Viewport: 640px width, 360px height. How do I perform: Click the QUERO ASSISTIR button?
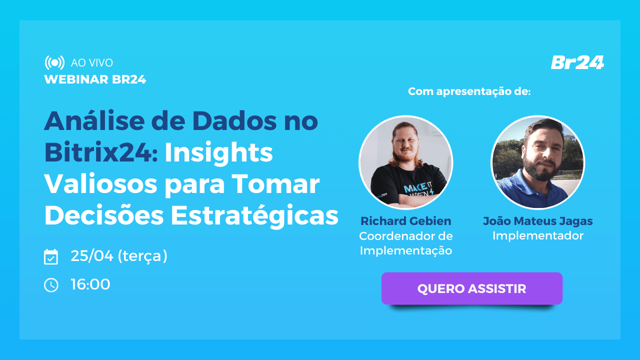471,288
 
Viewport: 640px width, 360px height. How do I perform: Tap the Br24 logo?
577,62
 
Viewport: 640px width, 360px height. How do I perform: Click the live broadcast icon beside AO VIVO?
54,62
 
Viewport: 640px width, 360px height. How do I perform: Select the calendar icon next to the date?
51,256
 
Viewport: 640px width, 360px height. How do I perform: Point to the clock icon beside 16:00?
51,285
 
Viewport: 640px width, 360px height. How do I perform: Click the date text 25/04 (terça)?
119,256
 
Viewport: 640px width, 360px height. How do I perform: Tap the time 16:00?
90,284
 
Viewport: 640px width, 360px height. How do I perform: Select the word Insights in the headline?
218,152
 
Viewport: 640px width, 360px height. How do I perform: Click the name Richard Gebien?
405,221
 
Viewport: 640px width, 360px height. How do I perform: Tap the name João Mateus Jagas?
537,221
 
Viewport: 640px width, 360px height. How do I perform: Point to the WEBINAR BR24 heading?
95,79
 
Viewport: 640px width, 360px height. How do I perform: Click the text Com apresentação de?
469,91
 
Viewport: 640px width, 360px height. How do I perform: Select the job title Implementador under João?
537,235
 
